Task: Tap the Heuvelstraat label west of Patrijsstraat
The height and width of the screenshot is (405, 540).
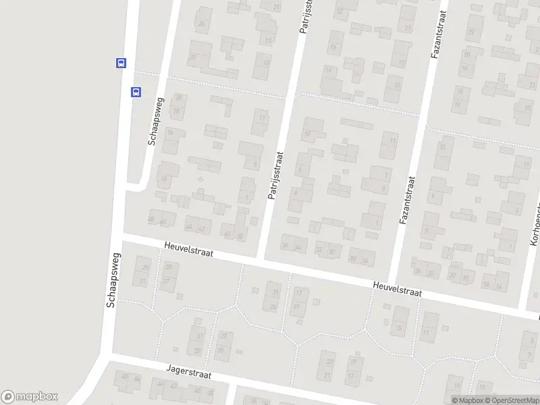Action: (189, 250)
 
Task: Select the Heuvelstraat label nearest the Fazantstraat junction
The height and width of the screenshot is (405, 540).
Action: (398, 290)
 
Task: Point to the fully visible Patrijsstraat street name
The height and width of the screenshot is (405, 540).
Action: (275, 175)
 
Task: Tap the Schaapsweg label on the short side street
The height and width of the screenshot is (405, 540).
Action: (155, 122)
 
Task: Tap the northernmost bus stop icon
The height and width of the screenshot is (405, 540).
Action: (120, 63)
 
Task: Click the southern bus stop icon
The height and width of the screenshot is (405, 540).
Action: (136, 92)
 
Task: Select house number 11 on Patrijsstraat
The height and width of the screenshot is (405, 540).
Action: (262, 118)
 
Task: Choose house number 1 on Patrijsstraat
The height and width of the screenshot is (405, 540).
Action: (246, 198)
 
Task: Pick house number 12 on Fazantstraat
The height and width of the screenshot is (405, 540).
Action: (443, 146)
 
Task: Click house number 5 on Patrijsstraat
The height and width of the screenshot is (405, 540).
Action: (254, 164)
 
